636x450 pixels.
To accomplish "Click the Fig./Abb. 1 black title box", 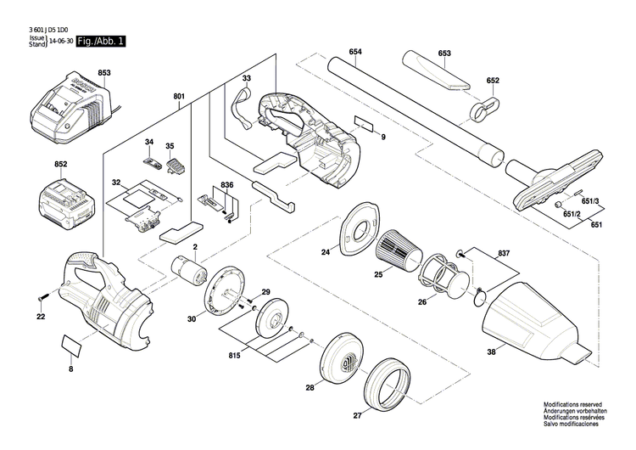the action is (x=101, y=41).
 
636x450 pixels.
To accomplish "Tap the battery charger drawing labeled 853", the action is (x=70, y=109).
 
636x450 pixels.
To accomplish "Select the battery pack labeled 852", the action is (x=67, y=202).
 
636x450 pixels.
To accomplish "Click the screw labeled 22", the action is (x=42, y=297).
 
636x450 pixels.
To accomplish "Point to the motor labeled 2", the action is (x=187, y=270).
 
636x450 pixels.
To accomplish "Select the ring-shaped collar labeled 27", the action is (x=387, y=385).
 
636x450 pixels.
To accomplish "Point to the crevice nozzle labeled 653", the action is (x=437, y=71).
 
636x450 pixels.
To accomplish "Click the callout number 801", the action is (x=179, y=96).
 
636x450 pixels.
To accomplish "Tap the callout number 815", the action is (x=234, y=356).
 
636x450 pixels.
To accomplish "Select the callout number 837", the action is (x=504, y=253).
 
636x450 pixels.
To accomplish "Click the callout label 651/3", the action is (x=590, y=200).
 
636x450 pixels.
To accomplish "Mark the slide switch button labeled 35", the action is (x=175, y=166).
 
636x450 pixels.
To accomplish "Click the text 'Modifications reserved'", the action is (x=572, y=405).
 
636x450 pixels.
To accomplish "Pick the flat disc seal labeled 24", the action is (x=360, y=228).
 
